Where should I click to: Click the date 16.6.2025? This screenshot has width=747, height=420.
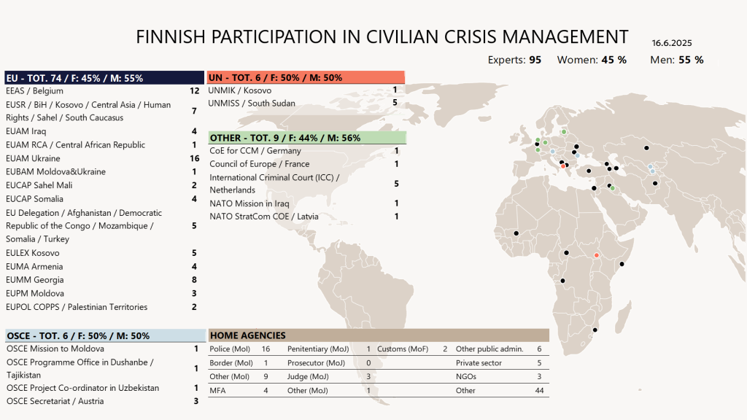coord(672,43)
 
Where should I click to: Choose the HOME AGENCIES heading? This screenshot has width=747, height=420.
coord(248,335)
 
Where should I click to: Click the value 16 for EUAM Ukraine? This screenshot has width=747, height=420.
coord(194,158)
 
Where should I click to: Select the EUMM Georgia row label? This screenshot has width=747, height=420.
coord(34,280)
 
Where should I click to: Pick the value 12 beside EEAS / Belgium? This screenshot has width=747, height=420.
coord(194,91)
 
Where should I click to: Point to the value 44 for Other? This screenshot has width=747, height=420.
coord(540,391)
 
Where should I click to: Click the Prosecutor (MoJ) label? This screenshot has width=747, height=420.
coord(316,363)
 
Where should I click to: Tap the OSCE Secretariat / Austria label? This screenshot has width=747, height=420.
coord(55,401)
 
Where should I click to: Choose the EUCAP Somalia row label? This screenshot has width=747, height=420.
coord(34,199)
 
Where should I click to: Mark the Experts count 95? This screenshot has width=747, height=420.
coord(535,60)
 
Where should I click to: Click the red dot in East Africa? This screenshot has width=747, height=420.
coord(596,255)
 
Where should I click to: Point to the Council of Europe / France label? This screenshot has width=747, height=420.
coord(259,164)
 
